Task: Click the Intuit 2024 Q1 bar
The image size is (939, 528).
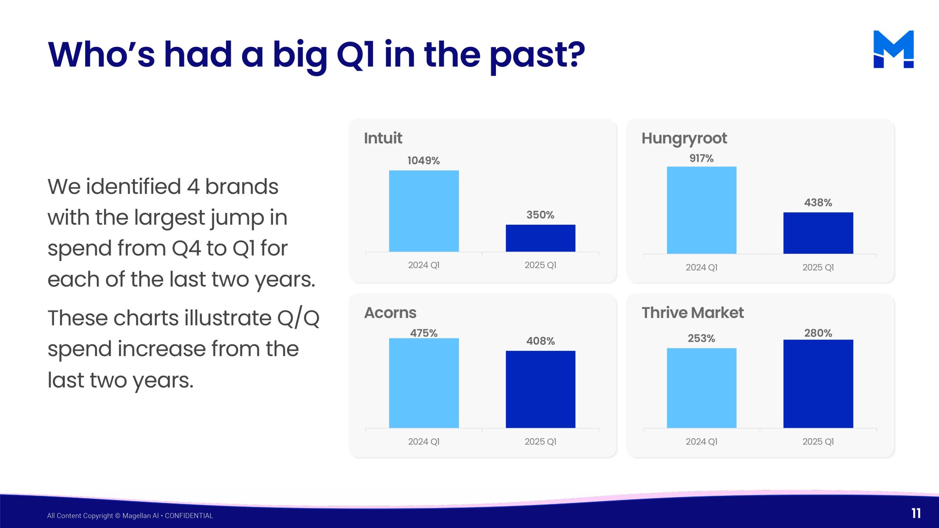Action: tap(424, 211)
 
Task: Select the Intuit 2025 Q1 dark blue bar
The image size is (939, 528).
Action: tap(540, 238)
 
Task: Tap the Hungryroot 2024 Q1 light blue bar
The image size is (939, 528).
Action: tap(701, 210)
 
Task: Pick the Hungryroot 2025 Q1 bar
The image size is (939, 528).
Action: tap(818, 233)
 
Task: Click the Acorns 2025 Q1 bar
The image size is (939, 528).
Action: tap(540, 389)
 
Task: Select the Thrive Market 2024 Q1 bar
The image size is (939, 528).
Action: tap(701, 388)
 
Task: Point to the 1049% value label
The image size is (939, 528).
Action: tap(424, 161)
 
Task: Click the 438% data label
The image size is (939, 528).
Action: tap(818, 202)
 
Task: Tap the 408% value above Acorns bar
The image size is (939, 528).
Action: tap(540, 341)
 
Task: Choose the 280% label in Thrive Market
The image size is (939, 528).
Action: tap(818, 333)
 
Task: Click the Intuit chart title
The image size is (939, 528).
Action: tap(383, 138)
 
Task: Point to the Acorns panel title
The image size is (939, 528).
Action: tap(390, 313)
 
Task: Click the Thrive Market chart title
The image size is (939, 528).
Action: tap(693, 313)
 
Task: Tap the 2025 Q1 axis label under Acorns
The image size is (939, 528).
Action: tap(540, 441)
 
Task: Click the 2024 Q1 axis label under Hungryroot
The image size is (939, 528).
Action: tap(701, 267)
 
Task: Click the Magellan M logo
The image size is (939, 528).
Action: tap(894, 49)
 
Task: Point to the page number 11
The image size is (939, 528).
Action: tap(916, 513)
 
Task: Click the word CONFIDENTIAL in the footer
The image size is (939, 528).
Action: tap(189, 516)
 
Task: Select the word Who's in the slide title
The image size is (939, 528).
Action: tap(102, 55)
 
